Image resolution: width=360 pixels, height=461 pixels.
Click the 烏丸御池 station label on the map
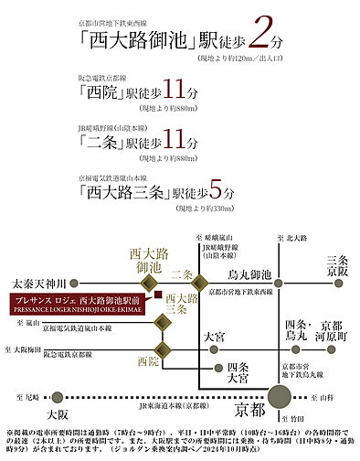[x=249, y=275]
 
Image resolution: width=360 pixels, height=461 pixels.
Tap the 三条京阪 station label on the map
[x=338, y=265]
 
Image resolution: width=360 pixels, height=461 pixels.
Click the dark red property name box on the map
[x=79, y=306]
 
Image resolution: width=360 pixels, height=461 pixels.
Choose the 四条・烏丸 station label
[x=294, y=333]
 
